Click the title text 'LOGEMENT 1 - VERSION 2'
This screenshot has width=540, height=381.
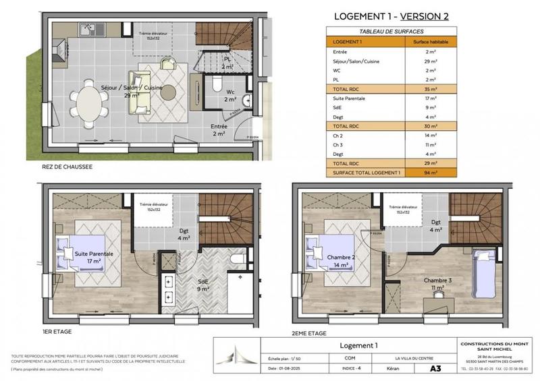(x=391, y=16)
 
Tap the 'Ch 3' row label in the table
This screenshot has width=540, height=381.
(x=337, y=144)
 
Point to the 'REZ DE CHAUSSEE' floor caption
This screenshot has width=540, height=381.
(x=67, y=166)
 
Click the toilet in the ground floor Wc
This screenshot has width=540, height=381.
(x=215, y=84)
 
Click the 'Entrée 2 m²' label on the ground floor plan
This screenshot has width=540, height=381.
(x=219, y=130)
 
